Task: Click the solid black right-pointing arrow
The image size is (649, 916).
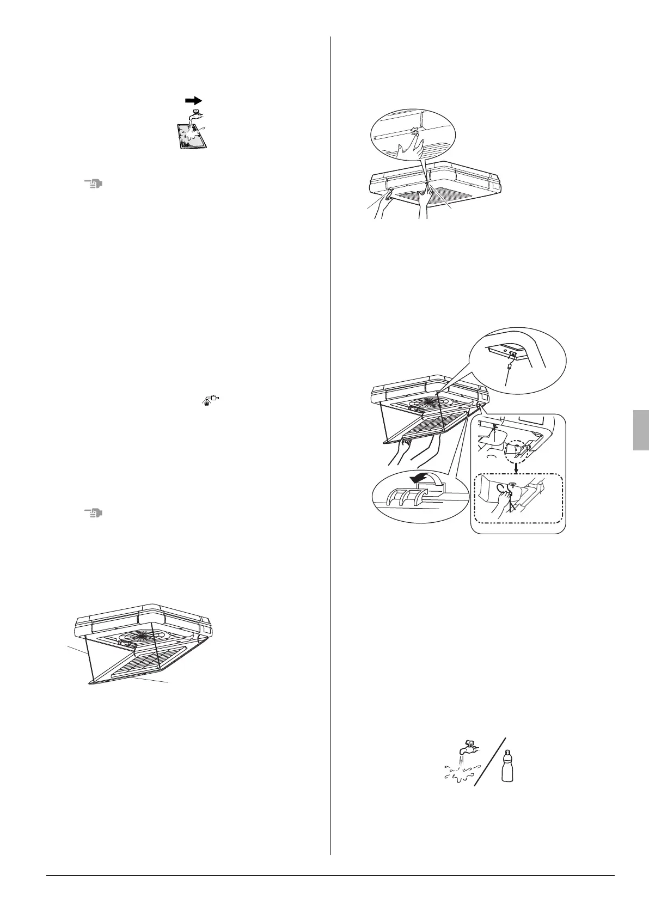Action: (x=193, y=101)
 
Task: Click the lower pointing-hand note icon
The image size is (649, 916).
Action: (x=93, y=513)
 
